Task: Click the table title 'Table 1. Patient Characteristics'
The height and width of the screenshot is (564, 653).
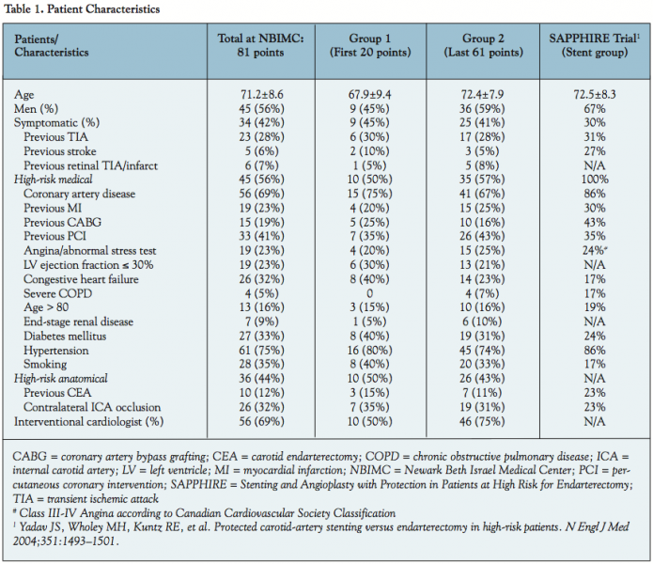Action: click(x=82, y=8)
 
